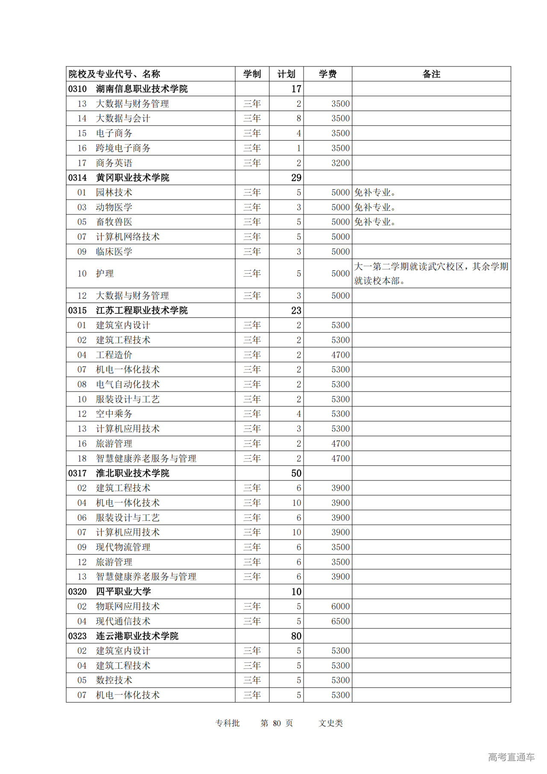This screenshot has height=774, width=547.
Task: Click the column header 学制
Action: point(252,74)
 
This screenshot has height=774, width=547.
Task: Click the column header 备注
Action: point(431,74)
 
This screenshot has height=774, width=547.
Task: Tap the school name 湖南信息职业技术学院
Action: point(141,89)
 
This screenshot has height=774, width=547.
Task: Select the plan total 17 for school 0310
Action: point(296,89)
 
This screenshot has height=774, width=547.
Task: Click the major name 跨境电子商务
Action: point(123,148)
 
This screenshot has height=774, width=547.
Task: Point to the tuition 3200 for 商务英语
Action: point(340,163)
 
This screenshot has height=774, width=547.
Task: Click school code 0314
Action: point(77,178)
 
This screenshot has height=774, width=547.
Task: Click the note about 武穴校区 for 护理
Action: point(431,273)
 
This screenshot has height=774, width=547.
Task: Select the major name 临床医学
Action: point(114,251)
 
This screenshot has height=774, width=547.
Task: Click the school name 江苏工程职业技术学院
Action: point(141,310)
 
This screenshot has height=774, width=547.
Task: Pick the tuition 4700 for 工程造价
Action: point(340,355)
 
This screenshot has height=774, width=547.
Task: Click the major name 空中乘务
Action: point(114,414)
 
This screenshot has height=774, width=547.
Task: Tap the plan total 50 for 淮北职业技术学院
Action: point(296,473)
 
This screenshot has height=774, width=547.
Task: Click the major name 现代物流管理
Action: point(123,547)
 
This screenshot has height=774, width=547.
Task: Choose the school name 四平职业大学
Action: point(123,592)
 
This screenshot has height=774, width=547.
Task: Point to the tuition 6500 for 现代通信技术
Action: point(340,621)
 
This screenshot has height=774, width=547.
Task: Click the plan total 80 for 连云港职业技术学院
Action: point(296,636)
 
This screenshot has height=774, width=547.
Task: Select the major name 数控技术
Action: point(114,680)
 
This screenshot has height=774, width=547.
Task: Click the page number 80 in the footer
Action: point(277,723)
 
